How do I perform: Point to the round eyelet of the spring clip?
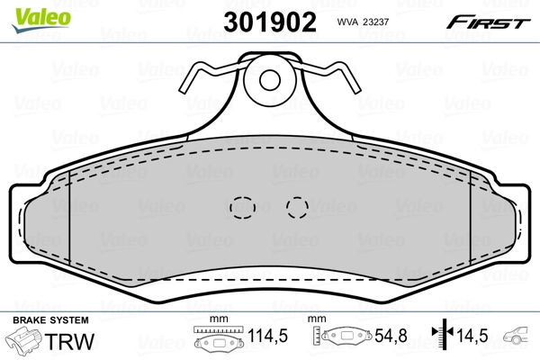coord(269,80)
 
